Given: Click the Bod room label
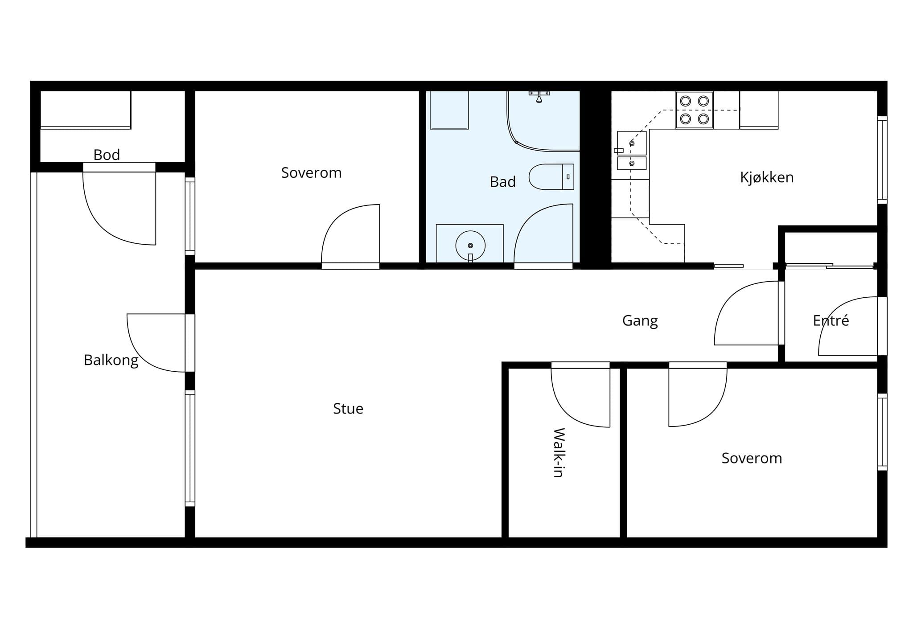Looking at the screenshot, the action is (107, 155).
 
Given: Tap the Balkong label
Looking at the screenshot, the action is (111, 360).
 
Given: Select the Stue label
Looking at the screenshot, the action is (348, 409).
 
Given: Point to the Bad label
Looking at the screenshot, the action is (503, 182).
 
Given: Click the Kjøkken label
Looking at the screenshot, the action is (767, 177).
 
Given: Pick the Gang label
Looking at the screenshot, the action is (640, 321).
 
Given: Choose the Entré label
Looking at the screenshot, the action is (831, 320).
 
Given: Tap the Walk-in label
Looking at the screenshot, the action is (559, 453).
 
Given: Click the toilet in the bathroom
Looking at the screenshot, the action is (551, 177).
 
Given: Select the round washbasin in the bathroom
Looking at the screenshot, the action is (470, 245).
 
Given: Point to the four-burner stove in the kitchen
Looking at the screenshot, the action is (694, 110).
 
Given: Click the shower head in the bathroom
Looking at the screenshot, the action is (539, 96).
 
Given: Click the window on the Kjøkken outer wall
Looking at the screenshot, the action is (882, 160).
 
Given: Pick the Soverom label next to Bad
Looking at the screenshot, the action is (311, 173).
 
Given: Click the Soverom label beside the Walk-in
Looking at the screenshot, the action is (752, 458).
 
